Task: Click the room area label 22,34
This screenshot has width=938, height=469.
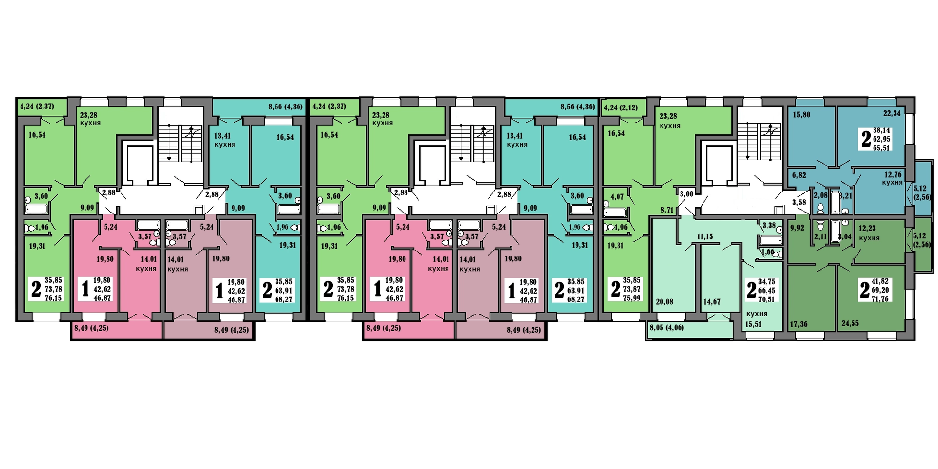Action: click(x=892, y=113)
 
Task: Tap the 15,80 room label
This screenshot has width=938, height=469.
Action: click(x=801, y=115)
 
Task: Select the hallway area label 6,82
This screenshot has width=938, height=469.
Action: click(x=799, y=175)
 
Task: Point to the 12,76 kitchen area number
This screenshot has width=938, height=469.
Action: click(x=893, y=175)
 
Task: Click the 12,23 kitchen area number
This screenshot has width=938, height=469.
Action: click(x=867, y=228)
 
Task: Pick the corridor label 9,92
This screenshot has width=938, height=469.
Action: click(x=797, y=228)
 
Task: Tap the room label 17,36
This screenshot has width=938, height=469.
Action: click(x=798, y=324)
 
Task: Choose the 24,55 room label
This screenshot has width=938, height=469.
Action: click(x=850, y=323)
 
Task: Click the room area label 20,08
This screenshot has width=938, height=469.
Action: click(x=664, y=302)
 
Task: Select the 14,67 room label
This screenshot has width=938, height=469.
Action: click(x=712, y=302)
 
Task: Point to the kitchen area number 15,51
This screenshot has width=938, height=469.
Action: click(x=753, y=324)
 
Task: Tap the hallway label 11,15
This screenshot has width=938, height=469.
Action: click(x=704, y=237)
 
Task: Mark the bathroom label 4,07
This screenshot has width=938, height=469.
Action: click(x=617, y=197)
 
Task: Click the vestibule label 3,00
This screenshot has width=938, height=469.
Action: click(x=686, y=194)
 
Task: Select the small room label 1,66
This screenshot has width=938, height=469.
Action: click(x=767, y=252)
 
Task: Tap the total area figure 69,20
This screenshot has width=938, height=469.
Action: click(x=880, y=290)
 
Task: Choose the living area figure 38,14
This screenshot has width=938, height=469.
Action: click(x=881, y=130)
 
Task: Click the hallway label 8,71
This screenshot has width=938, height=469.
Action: click(x=667, y=210)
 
